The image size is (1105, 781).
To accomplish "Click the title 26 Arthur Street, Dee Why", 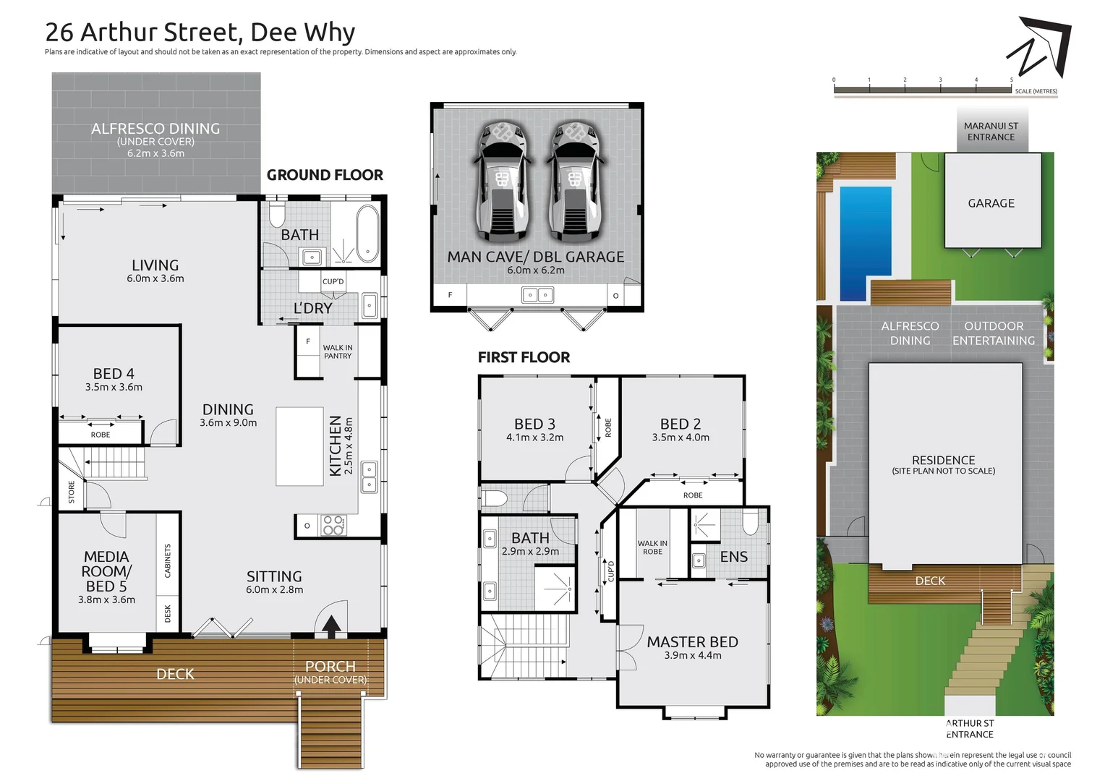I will (x=200, y=33).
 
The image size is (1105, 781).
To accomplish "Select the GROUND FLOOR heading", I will (x=325, y=175).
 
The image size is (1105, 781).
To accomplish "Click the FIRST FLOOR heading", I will (x=524, y=357).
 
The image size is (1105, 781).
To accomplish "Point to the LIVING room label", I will (x=155, y=265).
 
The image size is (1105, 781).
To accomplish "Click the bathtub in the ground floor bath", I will (x=367, y=233).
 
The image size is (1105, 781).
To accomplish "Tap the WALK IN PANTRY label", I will (x=338, y=352).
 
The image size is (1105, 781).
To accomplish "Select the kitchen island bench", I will (x=299, y=446).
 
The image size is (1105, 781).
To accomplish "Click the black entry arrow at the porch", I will (x=331, y=626).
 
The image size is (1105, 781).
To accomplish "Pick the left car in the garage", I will (x=503, y=181).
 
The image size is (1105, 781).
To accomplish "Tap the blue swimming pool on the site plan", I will (x=865, y=242).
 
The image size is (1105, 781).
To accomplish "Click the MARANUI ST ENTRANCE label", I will (x=991, y=132).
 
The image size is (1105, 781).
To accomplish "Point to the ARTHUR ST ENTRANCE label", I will (x=970, y=728).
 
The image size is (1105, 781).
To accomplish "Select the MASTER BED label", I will (x=692, y=642).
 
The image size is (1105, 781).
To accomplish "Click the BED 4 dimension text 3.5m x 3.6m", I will (x=114, y=388).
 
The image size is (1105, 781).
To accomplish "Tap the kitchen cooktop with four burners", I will (x=333, y=525).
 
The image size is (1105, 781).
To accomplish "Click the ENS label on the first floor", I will (x=733, y=557).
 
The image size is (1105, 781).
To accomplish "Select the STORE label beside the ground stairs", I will (x=72, y=492).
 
